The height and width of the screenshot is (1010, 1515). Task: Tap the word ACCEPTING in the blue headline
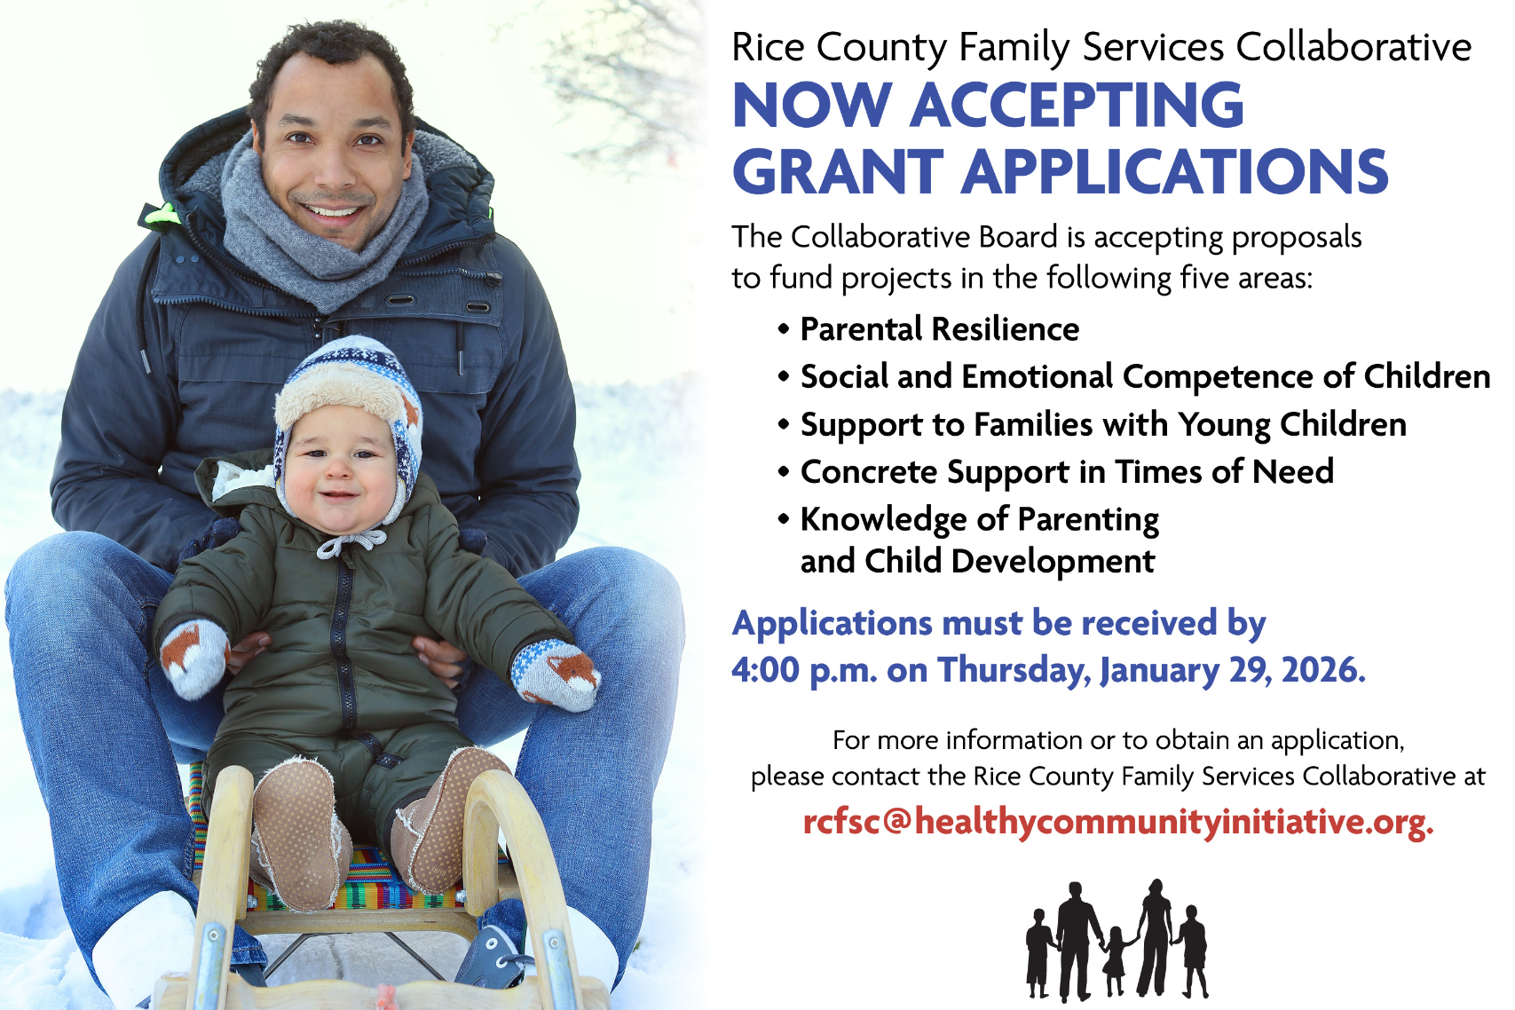click(x=1077, y=105)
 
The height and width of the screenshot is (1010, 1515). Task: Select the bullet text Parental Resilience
click(x=939, y=329)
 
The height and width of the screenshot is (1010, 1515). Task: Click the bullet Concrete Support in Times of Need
click(x=1067, y=471)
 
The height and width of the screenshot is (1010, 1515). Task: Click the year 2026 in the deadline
click(x=1323, y=670)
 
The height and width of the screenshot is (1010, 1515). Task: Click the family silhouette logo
click(x=1117, y=940)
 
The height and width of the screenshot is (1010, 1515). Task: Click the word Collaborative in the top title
click(x=1354, y=47)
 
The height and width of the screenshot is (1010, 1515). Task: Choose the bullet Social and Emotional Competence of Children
click(x=1145, y=377)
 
